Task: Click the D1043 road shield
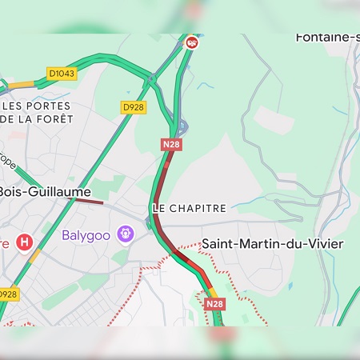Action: [x=61, y=74]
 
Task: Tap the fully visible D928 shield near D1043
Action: [x=133, y=106]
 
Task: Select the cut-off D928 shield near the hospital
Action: [x=8, y=294]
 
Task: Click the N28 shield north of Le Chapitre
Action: [x=170, y=144]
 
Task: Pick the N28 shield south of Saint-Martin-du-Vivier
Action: [x=214, y=304]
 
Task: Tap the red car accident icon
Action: [x=191, y=42]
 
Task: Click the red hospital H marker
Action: [x=25, y=241]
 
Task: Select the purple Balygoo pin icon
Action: [x=125, y=234]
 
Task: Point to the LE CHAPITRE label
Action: [x=189, y=208]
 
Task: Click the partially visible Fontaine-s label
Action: [x=327, y=37]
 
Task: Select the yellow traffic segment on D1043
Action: [x=22, y=83]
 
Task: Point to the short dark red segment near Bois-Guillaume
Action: [x=90, y=202]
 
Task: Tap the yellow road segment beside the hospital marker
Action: [x=35, y=256]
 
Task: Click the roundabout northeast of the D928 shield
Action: [x=151, y=80]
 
